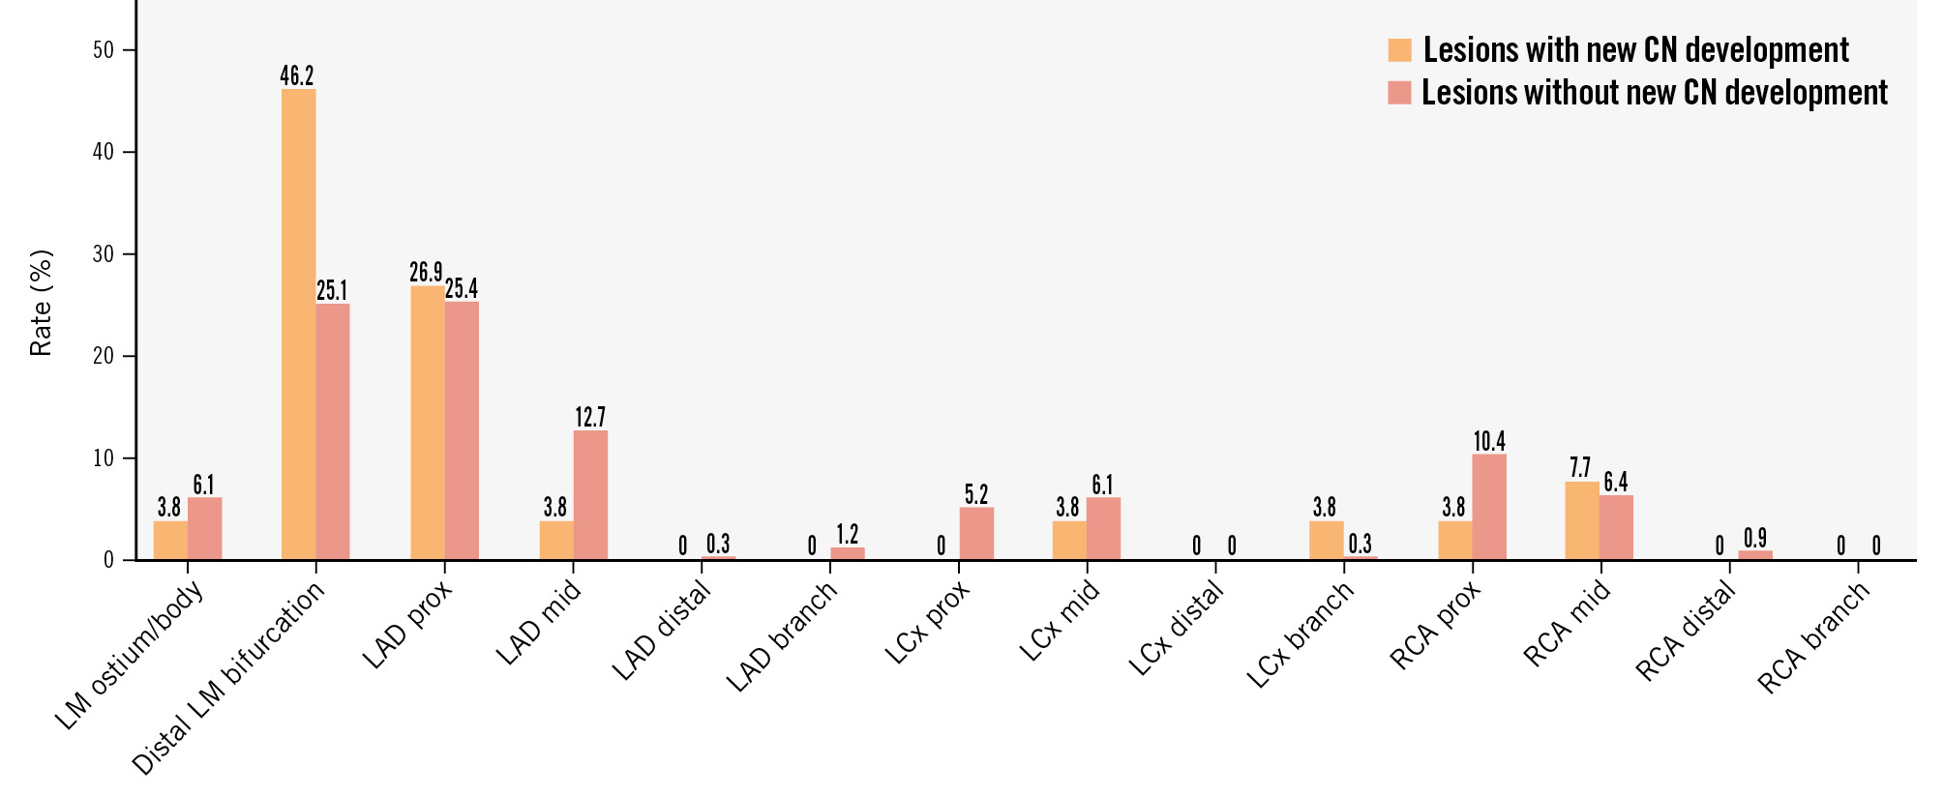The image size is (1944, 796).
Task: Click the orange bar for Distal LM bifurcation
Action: coord(298,324)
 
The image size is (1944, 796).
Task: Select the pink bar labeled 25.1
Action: coord(333,431)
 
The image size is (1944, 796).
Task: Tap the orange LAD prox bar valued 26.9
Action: coord(427,423)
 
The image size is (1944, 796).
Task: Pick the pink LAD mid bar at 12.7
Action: coord(590,494)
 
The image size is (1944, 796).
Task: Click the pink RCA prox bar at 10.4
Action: coord(1489,506)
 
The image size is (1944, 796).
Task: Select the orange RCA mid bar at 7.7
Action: coord(1581,520)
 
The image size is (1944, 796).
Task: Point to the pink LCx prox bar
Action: coord(976,533)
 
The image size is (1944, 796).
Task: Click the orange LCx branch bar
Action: coord(1326,540)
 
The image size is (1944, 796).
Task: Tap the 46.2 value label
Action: coord(297,75)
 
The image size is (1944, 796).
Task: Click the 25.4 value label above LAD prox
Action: coord(462,288)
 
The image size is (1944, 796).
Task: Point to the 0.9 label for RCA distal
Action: coord(1754,538)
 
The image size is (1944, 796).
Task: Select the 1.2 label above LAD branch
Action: coord(848,534)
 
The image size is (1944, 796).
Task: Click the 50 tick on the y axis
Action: coord(103,50)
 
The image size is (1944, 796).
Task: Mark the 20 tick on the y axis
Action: coord(103,356)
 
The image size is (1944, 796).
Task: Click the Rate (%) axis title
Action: coord(41,303)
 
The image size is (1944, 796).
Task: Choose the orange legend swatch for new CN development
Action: coord(1399,50)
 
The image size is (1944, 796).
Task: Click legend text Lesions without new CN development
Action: coord(1655,93)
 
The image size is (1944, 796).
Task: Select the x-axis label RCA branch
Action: coord(1815,638)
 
